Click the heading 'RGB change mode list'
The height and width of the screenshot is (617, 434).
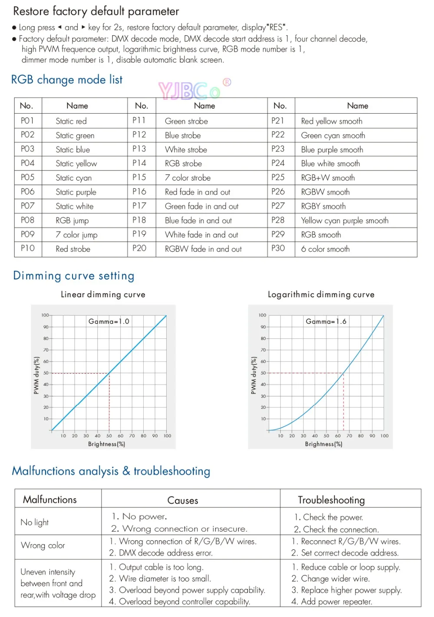pos(67,80)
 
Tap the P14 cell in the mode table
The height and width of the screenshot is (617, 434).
pos(139,163)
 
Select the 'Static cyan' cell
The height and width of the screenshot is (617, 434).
pos(74,178)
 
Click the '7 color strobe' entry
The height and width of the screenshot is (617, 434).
pos(187,177)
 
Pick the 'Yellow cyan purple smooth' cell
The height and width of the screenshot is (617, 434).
pos(345,220)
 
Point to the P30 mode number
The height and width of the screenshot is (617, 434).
pos(278,249)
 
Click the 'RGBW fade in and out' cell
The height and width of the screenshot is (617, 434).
pos(204,249)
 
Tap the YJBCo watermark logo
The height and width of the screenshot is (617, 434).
pos(194,89)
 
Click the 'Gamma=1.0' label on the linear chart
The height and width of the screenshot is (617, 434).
pos(109,322)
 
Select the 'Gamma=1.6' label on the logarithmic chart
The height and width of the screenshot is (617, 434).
pos(326,322)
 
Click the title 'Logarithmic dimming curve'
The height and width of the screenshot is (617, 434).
pos(321,295)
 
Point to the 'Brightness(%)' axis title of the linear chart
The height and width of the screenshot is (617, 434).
pos(107,444)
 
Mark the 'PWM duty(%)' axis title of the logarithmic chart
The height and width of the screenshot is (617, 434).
pos(253,375)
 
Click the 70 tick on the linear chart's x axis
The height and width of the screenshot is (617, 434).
pos(132,436)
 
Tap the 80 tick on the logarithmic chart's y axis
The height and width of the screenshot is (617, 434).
pos(263,338)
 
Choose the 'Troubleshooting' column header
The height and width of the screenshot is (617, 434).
pos(331,500)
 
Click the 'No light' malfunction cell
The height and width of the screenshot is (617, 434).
pos(34,522)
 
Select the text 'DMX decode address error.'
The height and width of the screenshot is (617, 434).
pos(161,553)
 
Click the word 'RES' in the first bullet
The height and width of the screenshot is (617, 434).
pos(276,27)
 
